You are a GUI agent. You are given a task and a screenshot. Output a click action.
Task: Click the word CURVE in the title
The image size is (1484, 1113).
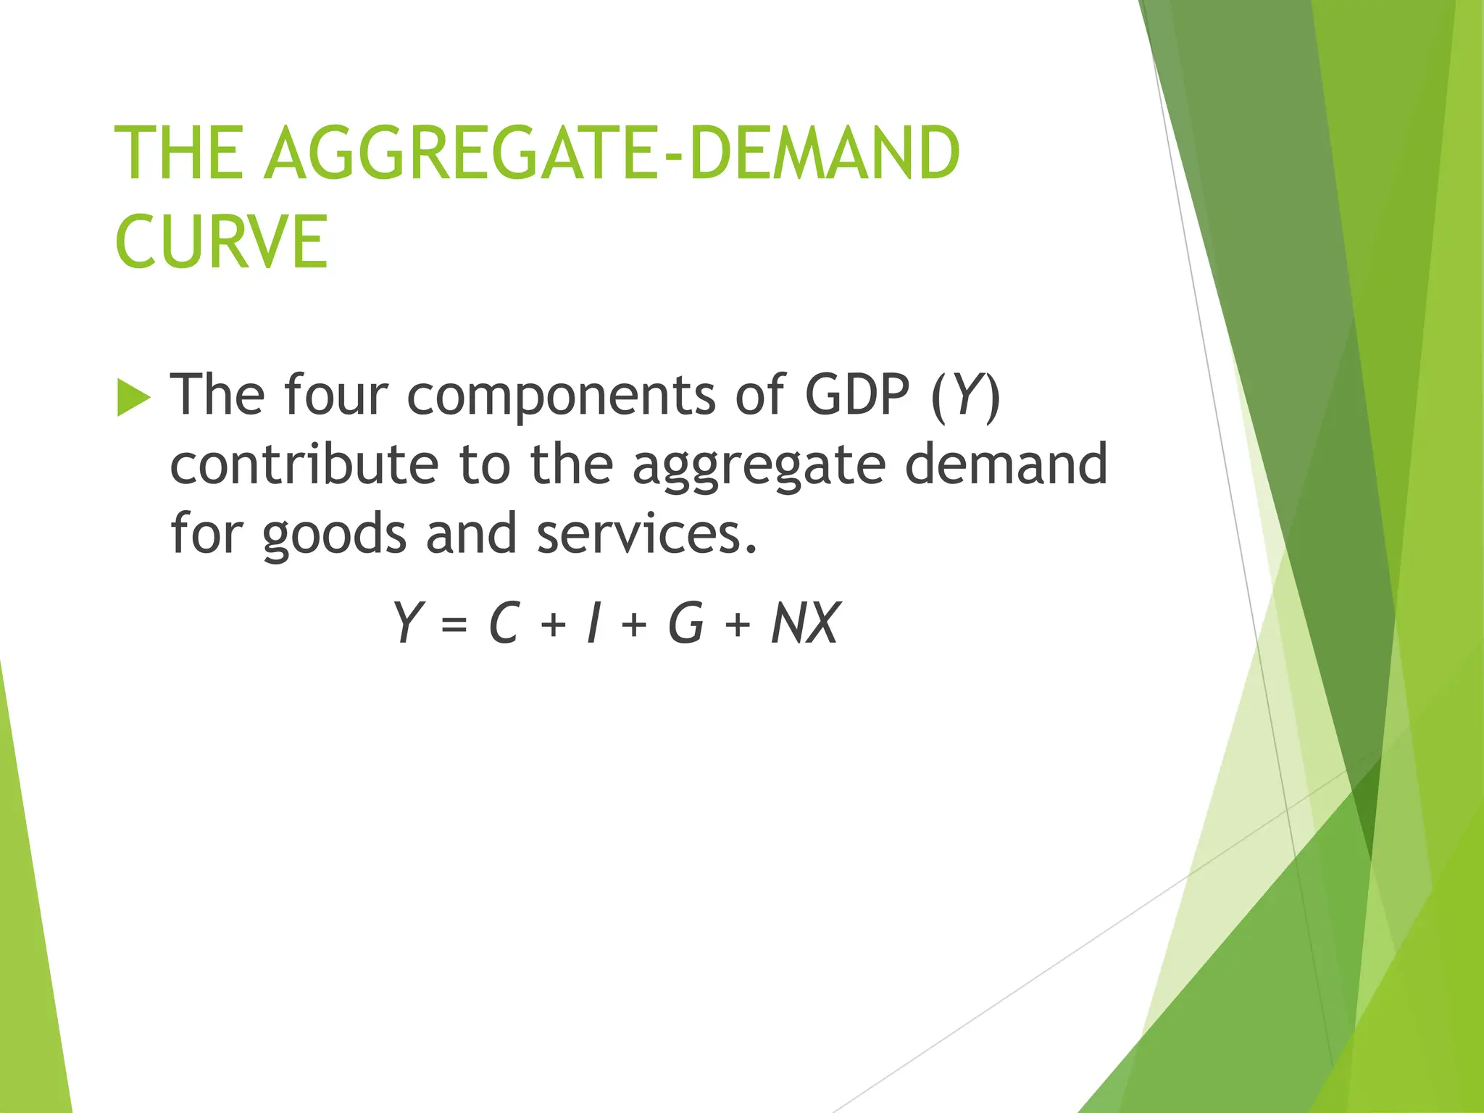[x=221, y=241]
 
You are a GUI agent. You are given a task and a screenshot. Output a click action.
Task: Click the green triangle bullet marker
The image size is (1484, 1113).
[x=133, y=398]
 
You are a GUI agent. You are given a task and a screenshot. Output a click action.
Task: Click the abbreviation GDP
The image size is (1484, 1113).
[x=856, y=395]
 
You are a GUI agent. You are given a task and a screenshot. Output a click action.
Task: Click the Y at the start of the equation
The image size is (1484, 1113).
[x=407, y=622]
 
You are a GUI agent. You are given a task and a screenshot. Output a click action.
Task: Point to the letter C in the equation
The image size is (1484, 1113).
[x=504, y=622]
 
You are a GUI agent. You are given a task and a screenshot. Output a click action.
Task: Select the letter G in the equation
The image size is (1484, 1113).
[x=685, y=622]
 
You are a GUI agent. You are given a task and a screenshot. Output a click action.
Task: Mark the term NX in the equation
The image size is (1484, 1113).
[x=804, y=622]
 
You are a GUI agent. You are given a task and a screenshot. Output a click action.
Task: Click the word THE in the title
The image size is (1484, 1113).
[x=179, y=153]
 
